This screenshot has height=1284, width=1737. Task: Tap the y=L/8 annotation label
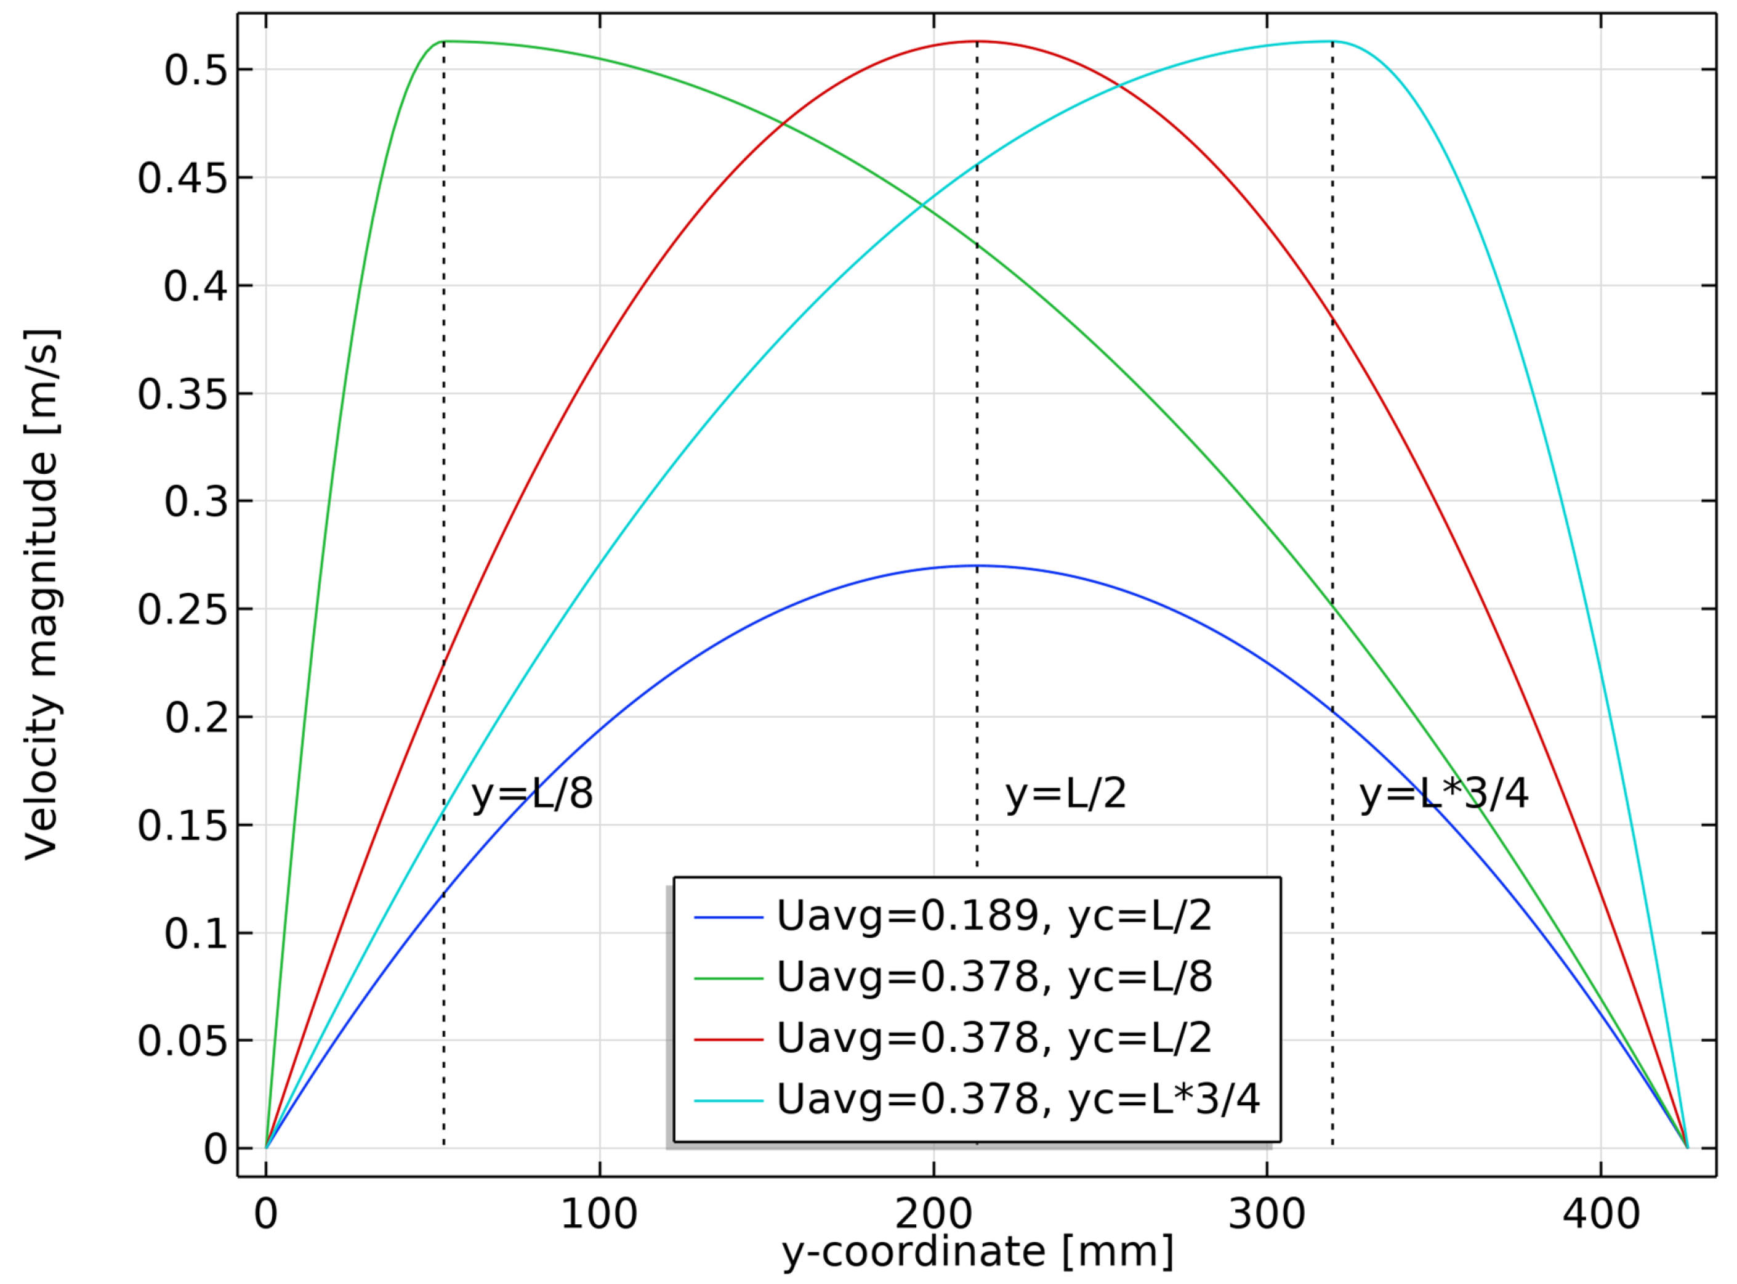(x=532, y=794)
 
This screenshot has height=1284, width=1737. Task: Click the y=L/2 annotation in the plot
(x=1065, y=794)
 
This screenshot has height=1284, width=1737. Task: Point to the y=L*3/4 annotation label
(x=1443, y=794)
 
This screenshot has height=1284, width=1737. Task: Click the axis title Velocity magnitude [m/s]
(x=42, y=595)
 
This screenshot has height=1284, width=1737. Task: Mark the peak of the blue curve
(x=977, y=566)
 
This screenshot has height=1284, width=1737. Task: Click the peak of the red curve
(x=977, y=41)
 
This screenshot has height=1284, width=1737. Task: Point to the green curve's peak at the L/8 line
(x=443, y=41)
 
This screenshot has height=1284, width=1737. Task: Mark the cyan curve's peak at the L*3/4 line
(x=1332, y=41)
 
